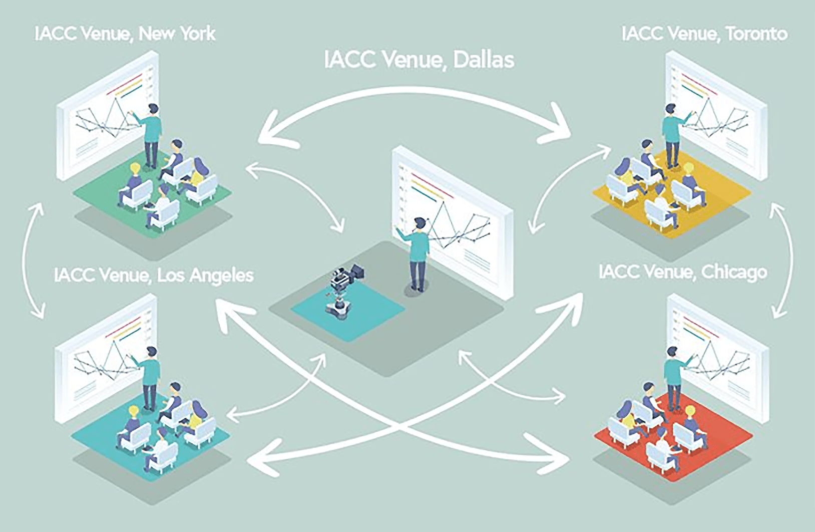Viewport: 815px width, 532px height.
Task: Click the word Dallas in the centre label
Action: pyautogui.click(x=483, y=60)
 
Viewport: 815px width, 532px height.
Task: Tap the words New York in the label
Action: pyautogui.click(x=177, y=34)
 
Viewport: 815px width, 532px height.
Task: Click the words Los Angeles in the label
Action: pyautogui.click(x=205, y=276)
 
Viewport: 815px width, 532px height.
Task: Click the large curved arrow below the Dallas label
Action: pyautogui.click(x=416, y=93)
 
